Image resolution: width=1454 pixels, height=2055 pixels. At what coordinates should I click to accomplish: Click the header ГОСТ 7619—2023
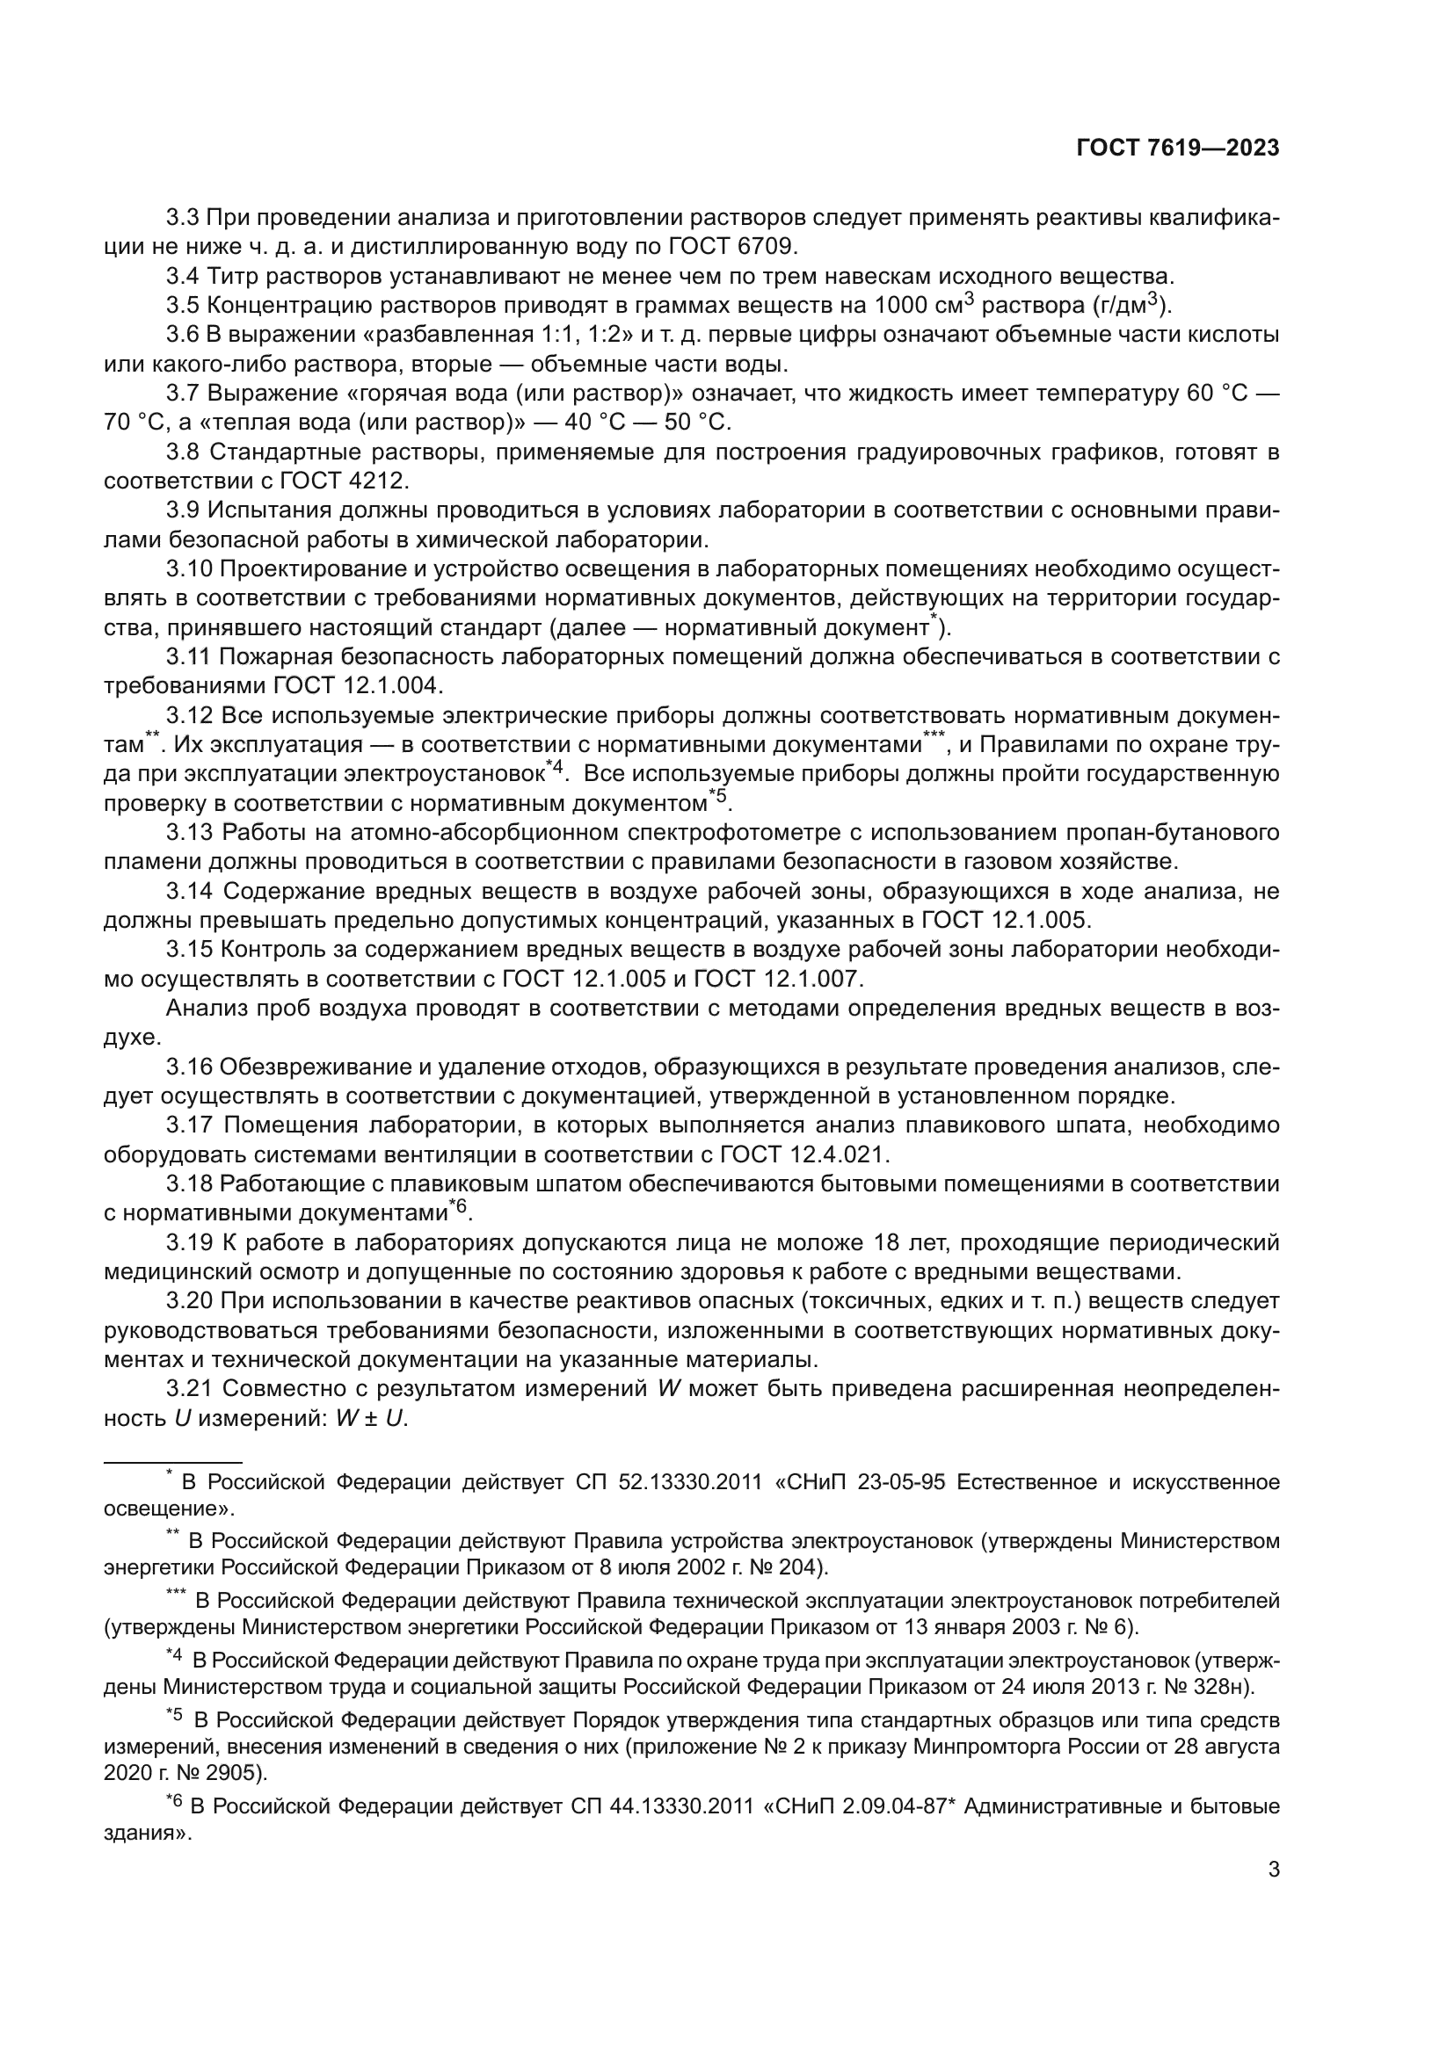[x=1177, y=148]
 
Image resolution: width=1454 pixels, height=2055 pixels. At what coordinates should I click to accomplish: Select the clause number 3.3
[x=184, y=218]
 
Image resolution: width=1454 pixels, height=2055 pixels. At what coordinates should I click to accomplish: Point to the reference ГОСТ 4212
[x=345, y=481]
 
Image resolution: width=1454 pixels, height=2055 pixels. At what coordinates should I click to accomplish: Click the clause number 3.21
[x=189, y=1388]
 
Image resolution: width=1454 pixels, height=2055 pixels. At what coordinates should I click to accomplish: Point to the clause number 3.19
[x=189, y=1242]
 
